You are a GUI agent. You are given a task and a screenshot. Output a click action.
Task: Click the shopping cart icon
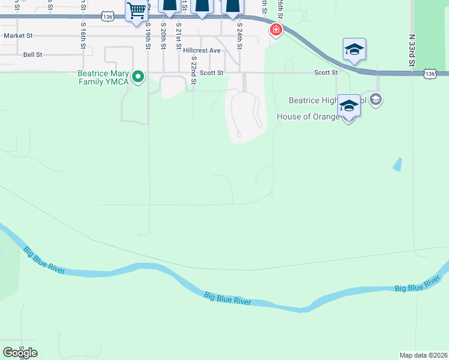click(137, 10)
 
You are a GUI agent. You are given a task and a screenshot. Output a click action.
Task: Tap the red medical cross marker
click(276, 29)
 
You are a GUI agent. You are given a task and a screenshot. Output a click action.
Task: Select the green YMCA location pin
click(138, 76)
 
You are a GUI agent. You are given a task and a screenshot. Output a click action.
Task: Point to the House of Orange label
click(308, 116)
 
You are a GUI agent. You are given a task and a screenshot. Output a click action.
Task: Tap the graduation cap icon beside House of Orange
click(348, 106)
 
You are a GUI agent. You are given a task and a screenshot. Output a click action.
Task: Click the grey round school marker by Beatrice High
click(376, 100)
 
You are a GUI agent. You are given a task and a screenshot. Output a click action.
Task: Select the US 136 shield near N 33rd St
click(429, 73)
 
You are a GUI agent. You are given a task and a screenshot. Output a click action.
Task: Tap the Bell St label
click(32, 54)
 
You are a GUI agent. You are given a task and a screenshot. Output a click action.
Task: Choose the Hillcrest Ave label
click(202, 50)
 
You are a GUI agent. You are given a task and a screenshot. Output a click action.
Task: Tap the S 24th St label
click(239, 38)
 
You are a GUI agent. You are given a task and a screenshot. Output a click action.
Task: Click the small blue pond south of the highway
click(397, 164)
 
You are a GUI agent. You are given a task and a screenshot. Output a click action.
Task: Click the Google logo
click(20, 353)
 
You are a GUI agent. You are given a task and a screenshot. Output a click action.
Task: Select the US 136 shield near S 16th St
click(107, 17)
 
